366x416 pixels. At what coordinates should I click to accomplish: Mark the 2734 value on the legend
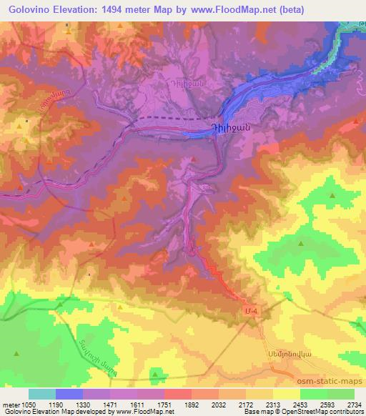[x=354, y=404]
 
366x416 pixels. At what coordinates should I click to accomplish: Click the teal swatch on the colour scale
[x=42, y=394]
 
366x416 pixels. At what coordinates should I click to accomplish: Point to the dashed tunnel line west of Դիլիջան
[x=172, y=117]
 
